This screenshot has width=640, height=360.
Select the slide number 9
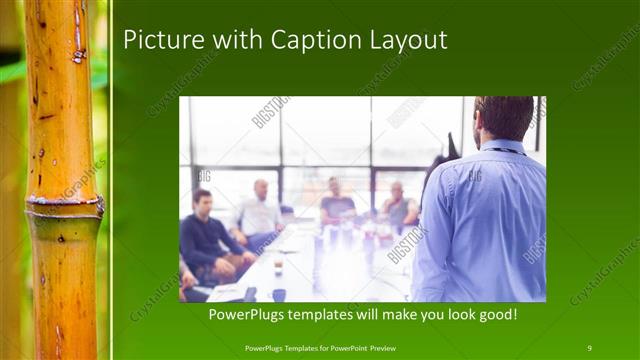click(x=589, y=347)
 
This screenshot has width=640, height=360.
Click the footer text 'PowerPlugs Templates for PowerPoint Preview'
click(x=328, y=347)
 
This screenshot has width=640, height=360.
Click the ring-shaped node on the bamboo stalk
click(x=64, y=208)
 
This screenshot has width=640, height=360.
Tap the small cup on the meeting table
click(x=278, y=266)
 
